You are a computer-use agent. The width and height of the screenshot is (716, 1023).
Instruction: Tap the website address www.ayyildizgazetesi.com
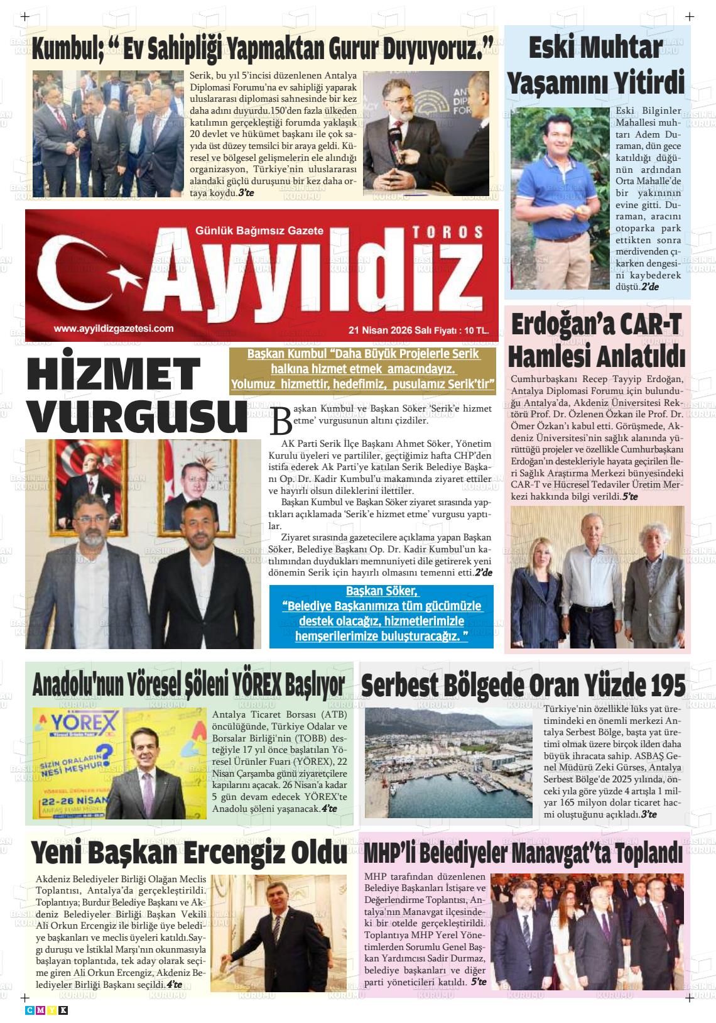click(114, 328)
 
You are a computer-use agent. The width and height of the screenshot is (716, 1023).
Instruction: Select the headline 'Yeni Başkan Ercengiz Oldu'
click(189, 853)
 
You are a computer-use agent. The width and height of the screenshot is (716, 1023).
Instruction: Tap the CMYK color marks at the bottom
click(46, 1010)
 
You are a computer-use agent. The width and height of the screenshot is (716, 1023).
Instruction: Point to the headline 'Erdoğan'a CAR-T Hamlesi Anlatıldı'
click(596, 341)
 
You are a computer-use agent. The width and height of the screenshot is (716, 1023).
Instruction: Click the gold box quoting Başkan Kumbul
click(363, 369)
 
